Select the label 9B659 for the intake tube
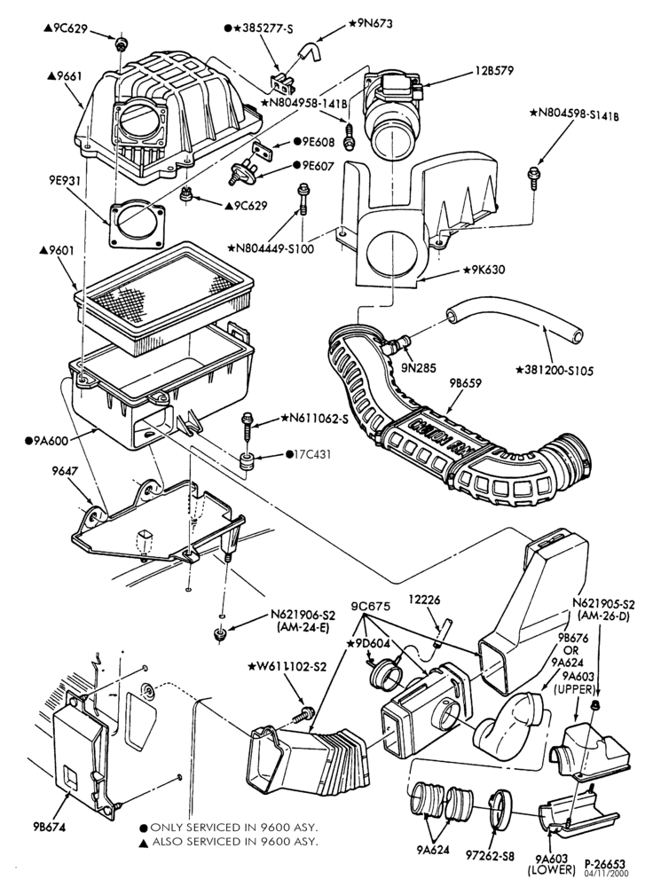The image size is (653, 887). [x=465, y=382]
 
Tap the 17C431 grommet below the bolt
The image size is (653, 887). [x=246, y=461]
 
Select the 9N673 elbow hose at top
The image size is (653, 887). [x=308, y=52]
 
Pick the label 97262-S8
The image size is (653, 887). [x=490, y=856]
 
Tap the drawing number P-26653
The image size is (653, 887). [x=605, y=864]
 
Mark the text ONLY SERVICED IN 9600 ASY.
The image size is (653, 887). [x=229, y=827]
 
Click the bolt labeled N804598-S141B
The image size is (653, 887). [x=532, y=177]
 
